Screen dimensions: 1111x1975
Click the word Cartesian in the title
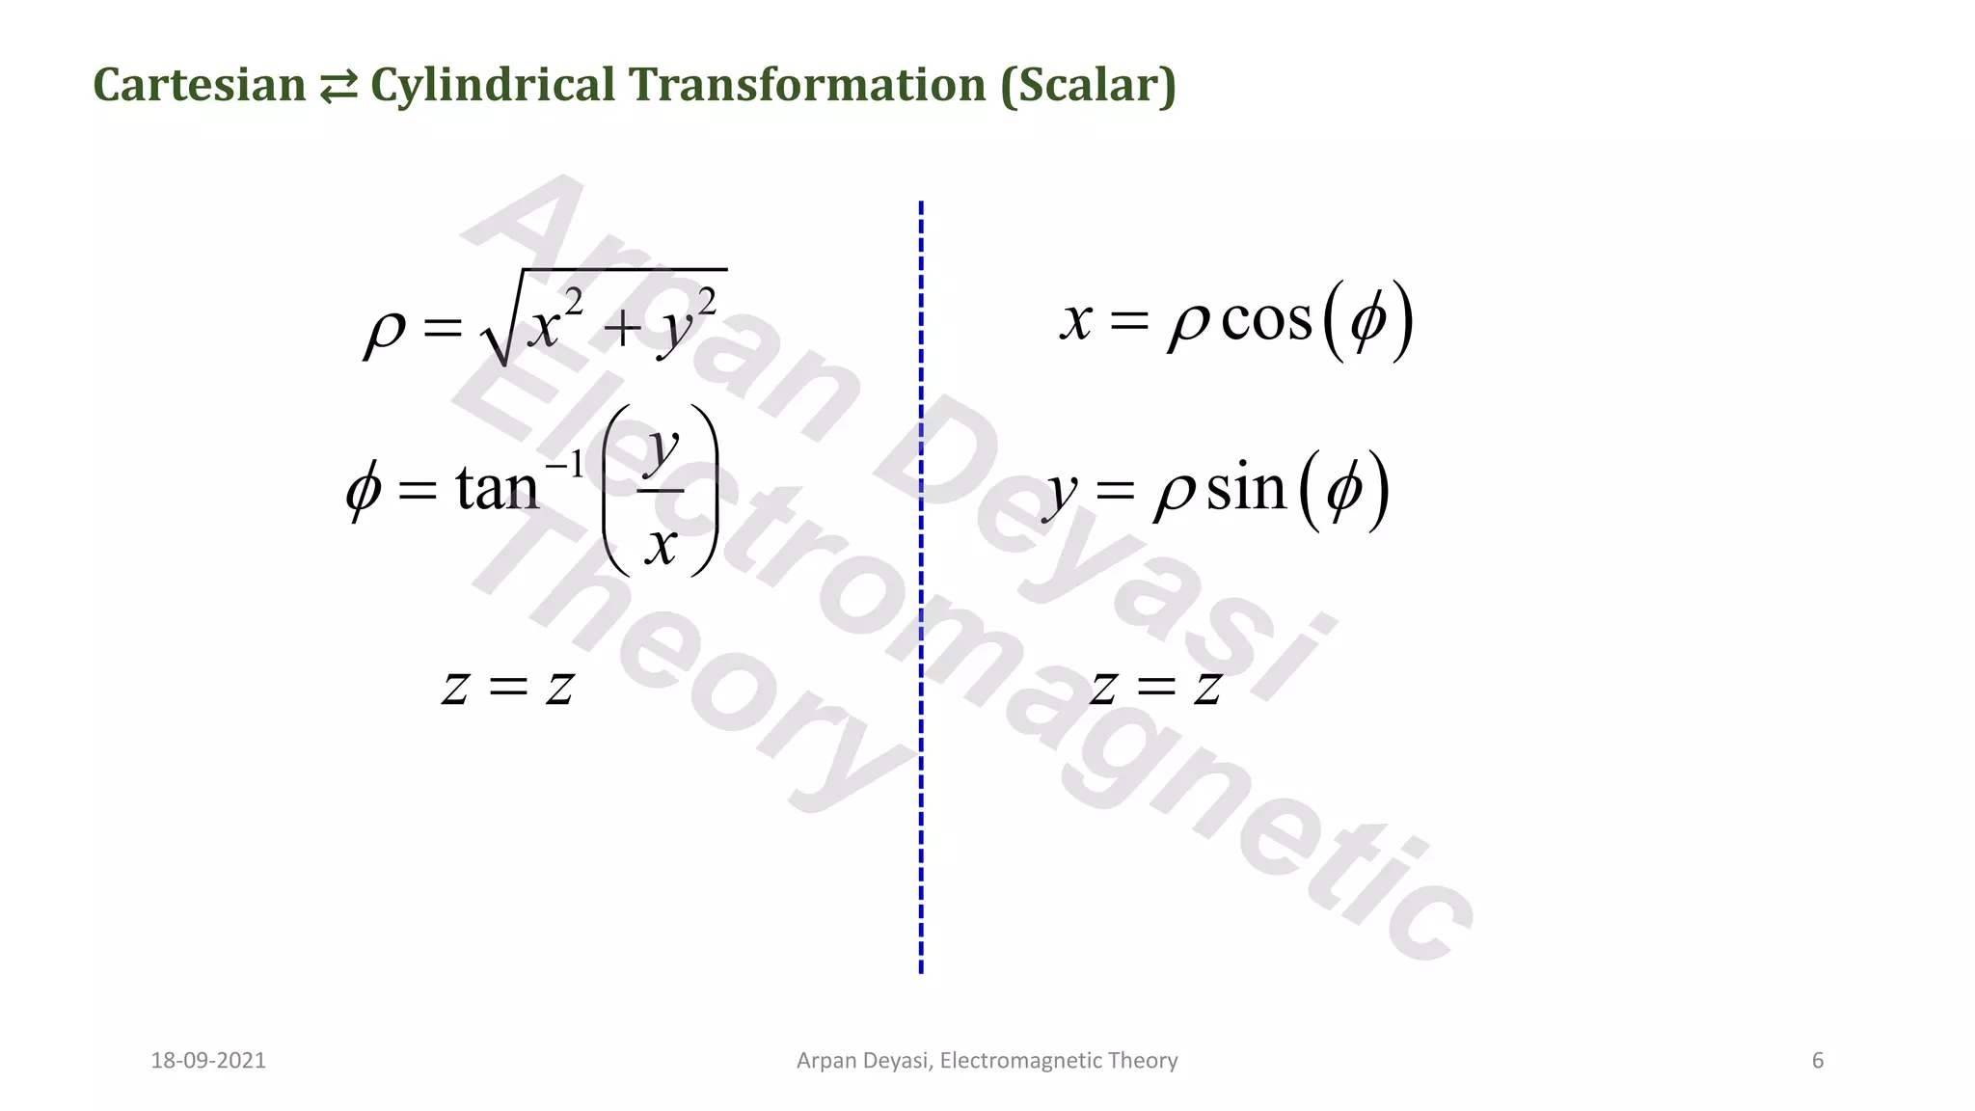pyautogui.click(x=199, y=85)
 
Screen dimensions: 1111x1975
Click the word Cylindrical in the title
pyautogui.click(x=493, y=85)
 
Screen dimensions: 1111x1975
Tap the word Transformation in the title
pyautogui.click(x=807, y=85)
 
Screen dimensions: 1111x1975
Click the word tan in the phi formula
pyautogui.click(x=496, y=488)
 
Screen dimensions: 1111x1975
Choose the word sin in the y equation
pyautogui.click(x=1246, y=489)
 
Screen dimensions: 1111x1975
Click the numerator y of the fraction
pyautogui.click(x=662, y=448)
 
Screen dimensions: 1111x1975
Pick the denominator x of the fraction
pyautogui.click(x=661, y=545)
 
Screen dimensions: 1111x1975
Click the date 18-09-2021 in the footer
pyautogui.click(x=208, y=1061)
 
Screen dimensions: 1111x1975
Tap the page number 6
pyautogui.click(x=1818, y=1061)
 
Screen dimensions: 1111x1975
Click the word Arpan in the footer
pyautogui.click(x=822, y=1061)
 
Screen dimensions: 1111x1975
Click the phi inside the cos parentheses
pyautogui.click(x=1368, y=322)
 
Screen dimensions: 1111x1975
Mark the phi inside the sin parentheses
pyautogui.click(x=1344, y=491)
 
